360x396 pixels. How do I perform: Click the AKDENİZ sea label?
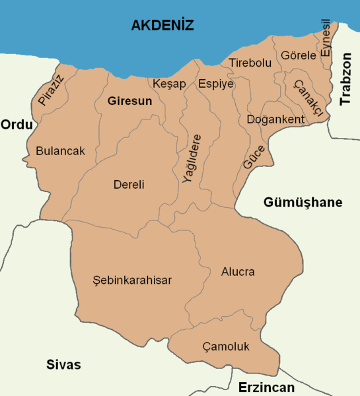coord(162,26)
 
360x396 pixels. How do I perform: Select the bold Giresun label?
coord(129,101)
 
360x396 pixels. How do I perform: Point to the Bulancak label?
coord(60,151)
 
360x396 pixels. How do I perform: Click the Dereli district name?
coord(129,185)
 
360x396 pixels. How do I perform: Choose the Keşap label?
coord(170,84)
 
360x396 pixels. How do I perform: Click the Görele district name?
coord(299,55)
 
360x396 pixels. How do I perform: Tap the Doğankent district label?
coord(275,119)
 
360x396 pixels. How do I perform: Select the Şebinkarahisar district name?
coord(132,280)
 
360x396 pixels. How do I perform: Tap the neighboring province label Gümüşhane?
coord(303,202)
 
